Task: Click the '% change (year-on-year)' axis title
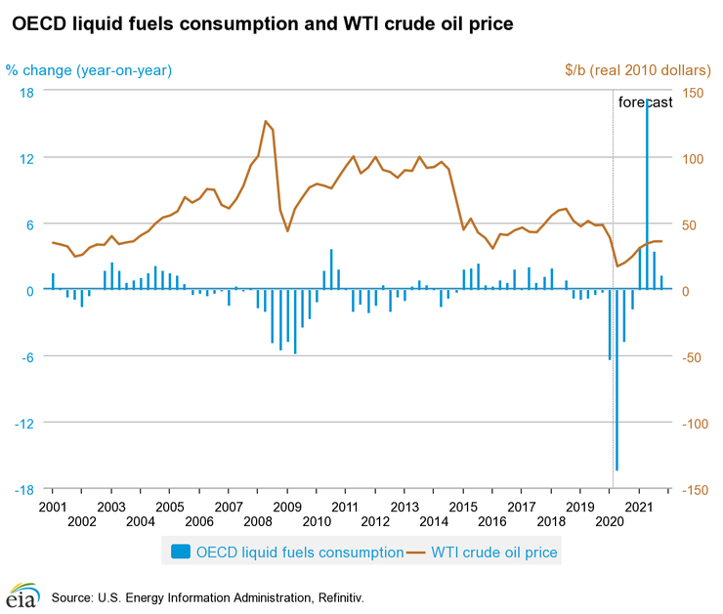(89, 69)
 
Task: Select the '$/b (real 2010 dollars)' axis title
(637, 69)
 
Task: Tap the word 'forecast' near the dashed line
(645, 102)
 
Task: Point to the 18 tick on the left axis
(27, 92)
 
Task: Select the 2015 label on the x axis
(463, 508)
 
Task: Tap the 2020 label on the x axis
(610, 523)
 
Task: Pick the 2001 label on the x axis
(52, 508)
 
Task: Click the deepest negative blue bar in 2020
(617, 381)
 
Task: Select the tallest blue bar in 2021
(647, 195)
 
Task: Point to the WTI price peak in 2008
(266, 121)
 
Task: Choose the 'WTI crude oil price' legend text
(494, 553)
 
